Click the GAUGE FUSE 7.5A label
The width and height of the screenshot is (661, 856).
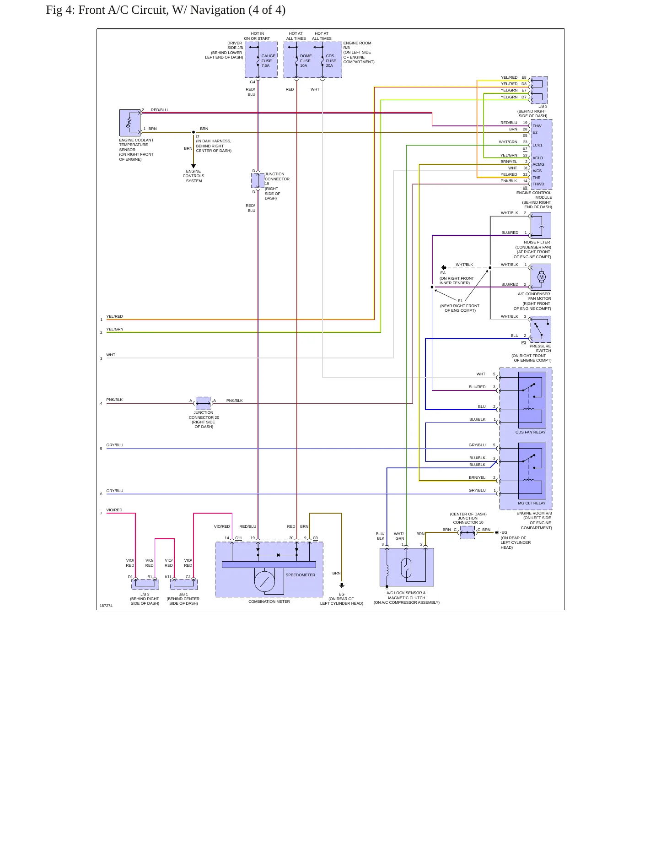[269, 61]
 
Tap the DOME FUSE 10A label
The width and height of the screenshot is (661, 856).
[306, 61]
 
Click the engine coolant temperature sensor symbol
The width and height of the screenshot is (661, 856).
[130, 123]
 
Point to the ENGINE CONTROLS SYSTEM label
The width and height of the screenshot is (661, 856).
[193, 176]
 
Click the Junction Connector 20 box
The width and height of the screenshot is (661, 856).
[203, 403]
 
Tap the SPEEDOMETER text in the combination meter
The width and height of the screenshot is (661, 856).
[300, 575]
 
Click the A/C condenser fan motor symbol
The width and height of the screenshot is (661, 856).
[541, 277]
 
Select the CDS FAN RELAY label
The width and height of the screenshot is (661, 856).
[530, 432]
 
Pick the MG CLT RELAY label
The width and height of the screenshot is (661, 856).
[532, 503]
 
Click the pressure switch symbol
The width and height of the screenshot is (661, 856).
[541, 329]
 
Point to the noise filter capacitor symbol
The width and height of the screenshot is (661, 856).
[541, 225]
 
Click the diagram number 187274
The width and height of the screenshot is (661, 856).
[106, 606]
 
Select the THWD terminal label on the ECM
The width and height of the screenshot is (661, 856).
[538, 184]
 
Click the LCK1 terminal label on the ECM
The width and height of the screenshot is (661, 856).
[537, 145]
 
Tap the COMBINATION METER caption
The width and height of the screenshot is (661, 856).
[269, 601]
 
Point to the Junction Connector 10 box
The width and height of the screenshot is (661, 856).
[467, 532]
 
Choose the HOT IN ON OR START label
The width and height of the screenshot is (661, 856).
[257, 36]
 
